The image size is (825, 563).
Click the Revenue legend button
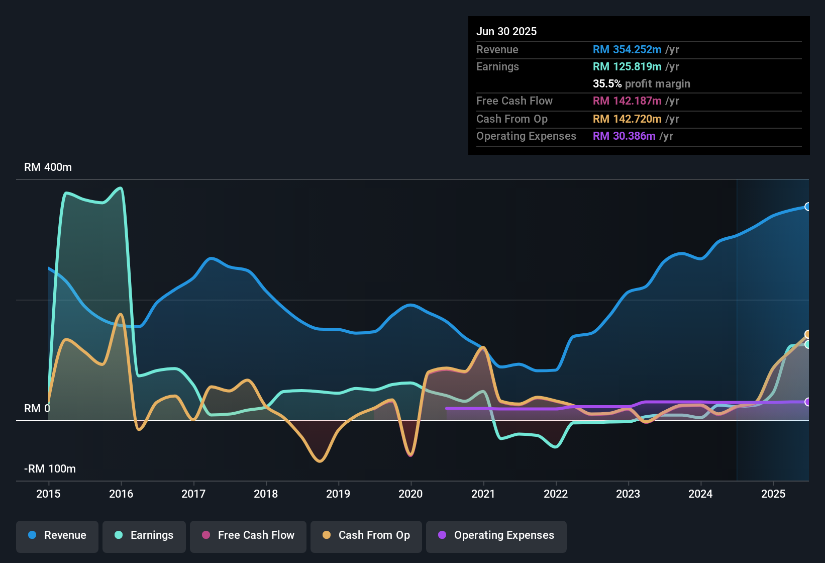[x=57, y=535]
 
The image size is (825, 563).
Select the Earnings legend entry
[x=144, y=535]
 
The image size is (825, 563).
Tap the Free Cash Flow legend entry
[x=248, y=535]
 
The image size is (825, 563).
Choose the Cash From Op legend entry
[x=366, y=535]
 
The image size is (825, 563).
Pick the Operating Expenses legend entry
[x=496, y=535]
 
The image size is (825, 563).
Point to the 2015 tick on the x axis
[x=48, y=494]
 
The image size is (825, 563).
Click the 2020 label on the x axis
[x=410, y=494]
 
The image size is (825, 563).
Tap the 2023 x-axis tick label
[x=628, y=494]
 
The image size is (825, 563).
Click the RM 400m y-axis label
[x=48, y=167]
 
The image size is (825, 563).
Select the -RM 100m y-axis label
[x=50, y=469]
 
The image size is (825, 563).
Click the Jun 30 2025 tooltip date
[x=506, y=31]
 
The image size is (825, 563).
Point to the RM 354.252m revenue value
[x=627, y=49]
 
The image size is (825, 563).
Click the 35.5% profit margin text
[x=641, y=83]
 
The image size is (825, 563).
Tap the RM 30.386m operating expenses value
[x=624, y=136]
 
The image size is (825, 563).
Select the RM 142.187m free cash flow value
[x=627, y=101]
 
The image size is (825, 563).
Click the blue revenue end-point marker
[x=807, y=207]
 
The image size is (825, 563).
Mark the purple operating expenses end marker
[x=807, y=402]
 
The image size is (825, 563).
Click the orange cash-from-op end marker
[x=807, y=334]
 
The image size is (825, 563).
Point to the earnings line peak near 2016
[x=120, y=188]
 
